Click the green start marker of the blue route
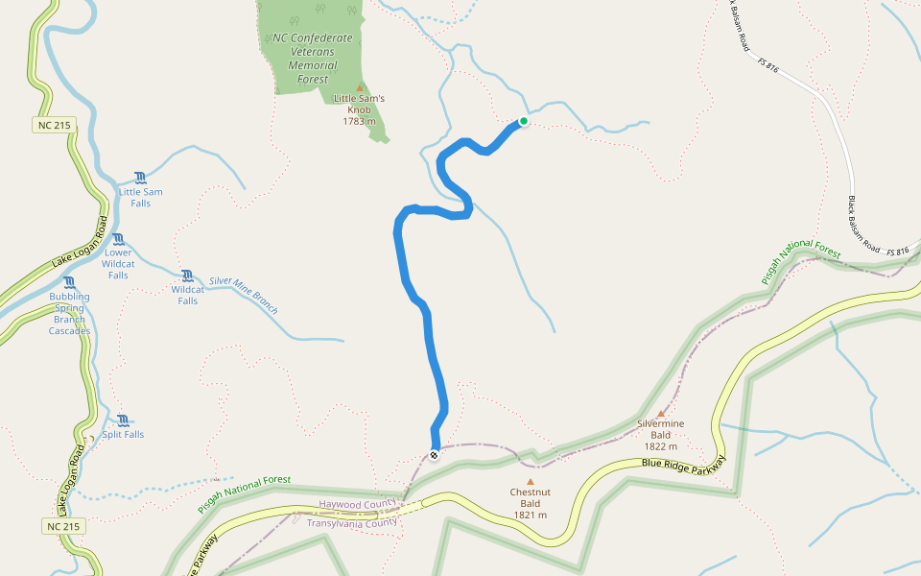tap(524, 121)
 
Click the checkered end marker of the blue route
tap(435, 454)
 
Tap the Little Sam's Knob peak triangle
tap(360, 87)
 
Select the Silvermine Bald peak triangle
tap(660, 413)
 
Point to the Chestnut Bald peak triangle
tap(530, 482)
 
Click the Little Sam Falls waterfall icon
tap(141, 178)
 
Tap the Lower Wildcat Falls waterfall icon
tap(118, 239)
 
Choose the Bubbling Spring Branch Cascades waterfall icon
tap(69, 283)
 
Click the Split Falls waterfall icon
tap(123, 420)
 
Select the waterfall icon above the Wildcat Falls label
tap(187, 276)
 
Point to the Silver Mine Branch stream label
tap(244, 296)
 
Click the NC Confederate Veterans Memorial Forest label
tap(313, 59)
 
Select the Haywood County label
tap(357, 504)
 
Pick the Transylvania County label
tap(351, 523)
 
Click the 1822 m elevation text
tap(660, 446)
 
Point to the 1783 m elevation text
tap(359, 121)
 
